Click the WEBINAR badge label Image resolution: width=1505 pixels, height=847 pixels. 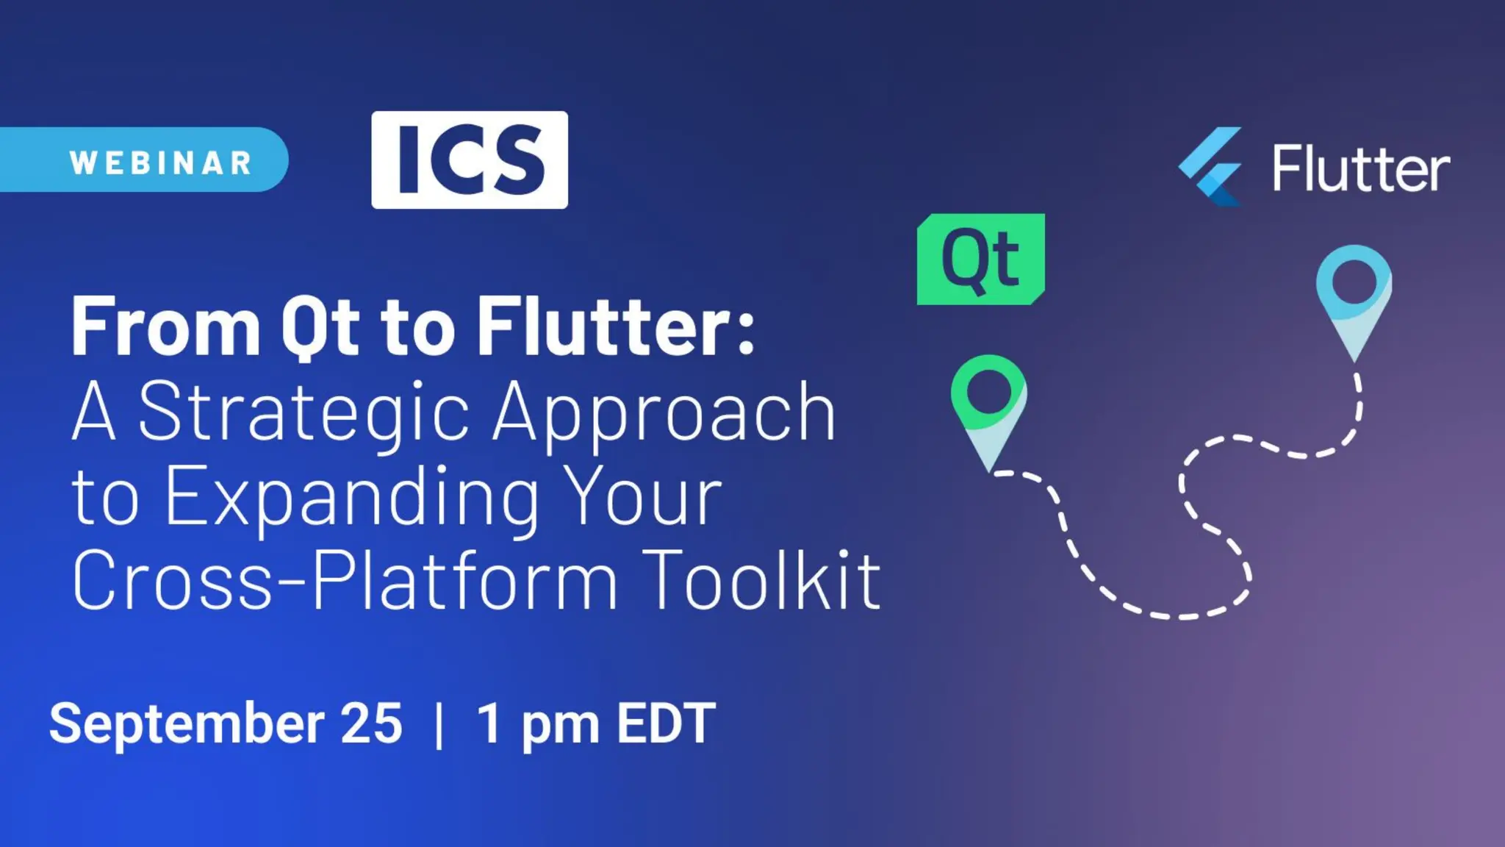click(x=161, y=162)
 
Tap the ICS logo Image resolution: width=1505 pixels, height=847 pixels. click(x=470, y=160)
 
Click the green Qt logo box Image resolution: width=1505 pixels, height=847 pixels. click(x=980, y=259)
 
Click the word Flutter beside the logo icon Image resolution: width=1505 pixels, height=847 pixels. click(x=1361, y=169)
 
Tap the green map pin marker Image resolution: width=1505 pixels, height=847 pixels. click(x=988, y=408)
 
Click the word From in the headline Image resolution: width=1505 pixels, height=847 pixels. click(x=165, y=326)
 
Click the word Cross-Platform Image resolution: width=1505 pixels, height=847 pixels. click(x=345, y=581)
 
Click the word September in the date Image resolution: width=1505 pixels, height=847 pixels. click(x=187, y=723)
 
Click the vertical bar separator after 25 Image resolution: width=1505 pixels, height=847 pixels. click(x=439, y=725)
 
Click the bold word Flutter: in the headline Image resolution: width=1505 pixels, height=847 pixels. click(x=616, y=326)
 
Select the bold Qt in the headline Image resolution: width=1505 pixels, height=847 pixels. click(x=320, y=328)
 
